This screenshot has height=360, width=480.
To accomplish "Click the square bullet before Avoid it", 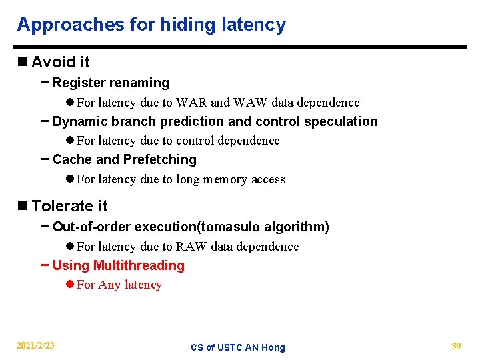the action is [x=23, y=62].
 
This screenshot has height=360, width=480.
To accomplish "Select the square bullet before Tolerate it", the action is [x=23, y=206].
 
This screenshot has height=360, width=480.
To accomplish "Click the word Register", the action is [x=79, y=83].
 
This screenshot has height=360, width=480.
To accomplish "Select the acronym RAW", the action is [x=191, y=247].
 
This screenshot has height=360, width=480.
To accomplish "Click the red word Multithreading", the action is [x=139, y=265].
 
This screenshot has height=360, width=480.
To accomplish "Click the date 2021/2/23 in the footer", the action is [x=36, y=346].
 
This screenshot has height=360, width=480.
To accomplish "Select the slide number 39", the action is [x=456, y=346].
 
